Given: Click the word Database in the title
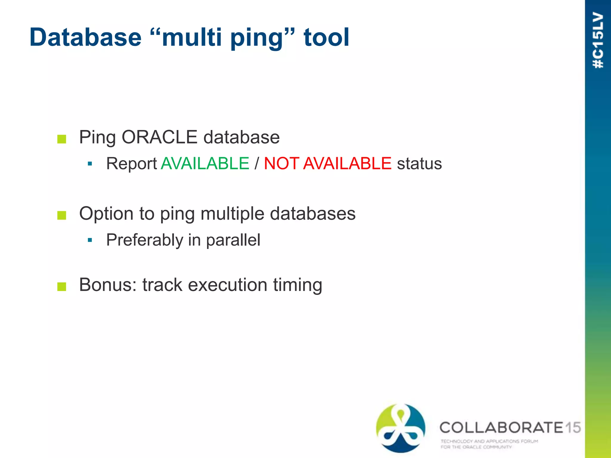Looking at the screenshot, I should point(85,37).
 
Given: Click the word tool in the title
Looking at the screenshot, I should point(326,37).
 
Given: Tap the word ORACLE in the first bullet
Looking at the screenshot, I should point(159,137).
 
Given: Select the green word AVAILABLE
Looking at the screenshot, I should point(205,163).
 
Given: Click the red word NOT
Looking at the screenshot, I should point(281,163).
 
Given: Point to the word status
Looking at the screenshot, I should point(419,164).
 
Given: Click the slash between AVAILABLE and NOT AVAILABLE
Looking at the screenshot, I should point(257,164).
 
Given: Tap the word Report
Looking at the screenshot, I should point(132,164).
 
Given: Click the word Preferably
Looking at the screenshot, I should point(144,240).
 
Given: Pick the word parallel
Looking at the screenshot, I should point(233,240).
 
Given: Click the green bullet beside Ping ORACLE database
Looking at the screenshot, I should point(61,139).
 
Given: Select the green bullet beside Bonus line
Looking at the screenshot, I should point(61,287).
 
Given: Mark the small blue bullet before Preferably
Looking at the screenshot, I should point(90,240).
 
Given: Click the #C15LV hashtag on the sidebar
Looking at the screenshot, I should point(598,40).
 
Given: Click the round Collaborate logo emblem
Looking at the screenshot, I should point(401,428).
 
